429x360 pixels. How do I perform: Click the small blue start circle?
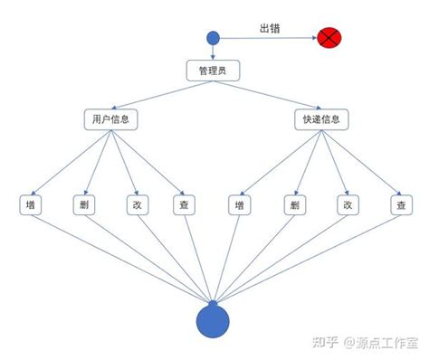(214, 38)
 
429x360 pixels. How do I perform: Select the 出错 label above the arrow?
(269, 28)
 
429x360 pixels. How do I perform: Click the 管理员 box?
(213, 71)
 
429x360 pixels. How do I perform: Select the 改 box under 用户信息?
(135, 204)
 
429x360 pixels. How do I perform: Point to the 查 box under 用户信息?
(184, 204)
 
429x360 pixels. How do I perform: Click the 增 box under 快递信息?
(240, 204)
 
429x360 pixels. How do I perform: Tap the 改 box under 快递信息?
(345, 204)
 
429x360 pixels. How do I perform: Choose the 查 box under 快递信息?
(400, 204)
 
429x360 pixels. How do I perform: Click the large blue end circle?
(214, 320)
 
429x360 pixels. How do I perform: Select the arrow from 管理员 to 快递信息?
(267, 96)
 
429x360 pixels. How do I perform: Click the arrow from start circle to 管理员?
(214, 52)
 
